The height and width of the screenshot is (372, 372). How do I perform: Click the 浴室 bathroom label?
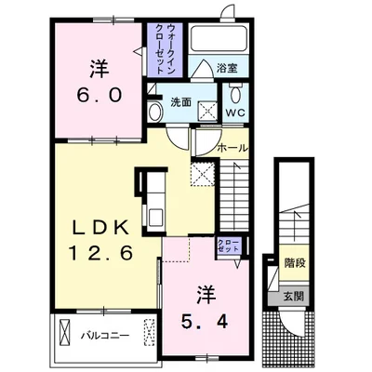227,68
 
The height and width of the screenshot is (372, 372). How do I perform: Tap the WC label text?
235,113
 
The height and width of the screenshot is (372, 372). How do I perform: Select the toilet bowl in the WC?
235,94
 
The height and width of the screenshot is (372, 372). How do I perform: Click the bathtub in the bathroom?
219,38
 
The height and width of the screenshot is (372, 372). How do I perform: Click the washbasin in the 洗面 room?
154,112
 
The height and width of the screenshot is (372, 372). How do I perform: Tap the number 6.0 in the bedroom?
99,96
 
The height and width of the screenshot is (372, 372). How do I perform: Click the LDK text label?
100,229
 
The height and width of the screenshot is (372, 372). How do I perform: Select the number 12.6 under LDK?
100,253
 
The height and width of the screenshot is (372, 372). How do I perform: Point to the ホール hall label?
233,148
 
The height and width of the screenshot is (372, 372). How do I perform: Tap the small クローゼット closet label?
229,246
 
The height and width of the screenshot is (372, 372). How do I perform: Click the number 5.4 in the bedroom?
205,323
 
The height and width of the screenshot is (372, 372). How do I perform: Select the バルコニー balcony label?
105,336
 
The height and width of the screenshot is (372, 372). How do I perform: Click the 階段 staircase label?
295,263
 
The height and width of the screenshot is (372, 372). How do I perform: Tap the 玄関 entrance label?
293,297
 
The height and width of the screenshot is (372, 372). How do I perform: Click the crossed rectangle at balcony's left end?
66,332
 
